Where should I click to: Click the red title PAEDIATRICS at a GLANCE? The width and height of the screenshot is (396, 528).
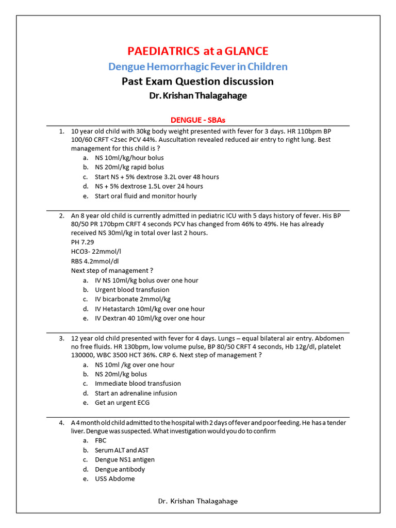pos(198,51)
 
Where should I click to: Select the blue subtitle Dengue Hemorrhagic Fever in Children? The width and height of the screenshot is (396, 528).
pos(198,67)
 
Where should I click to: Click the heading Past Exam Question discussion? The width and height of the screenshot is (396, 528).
pos(198,81)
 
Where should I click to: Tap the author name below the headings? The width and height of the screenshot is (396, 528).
pos(198,96)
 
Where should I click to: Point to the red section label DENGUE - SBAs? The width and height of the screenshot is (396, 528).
pos(198,120)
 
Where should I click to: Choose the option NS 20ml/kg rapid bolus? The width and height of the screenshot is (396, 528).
pos(129,167)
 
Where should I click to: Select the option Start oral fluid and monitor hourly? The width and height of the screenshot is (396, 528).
pos(146,196)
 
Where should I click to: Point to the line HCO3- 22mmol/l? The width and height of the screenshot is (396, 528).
pos(96,251)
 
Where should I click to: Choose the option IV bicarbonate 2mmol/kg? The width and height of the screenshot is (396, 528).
pos(133,299)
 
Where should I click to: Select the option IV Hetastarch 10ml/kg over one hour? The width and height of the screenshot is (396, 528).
pos(150,309)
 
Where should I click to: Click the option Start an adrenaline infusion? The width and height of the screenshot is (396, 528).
pos(136,393)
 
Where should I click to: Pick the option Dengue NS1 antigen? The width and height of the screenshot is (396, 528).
pos(125,459)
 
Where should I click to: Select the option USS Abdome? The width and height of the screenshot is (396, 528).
pos(115,478)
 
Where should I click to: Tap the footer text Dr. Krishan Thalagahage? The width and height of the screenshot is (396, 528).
pos(198,501)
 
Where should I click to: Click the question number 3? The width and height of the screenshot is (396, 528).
pos(61,338)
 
